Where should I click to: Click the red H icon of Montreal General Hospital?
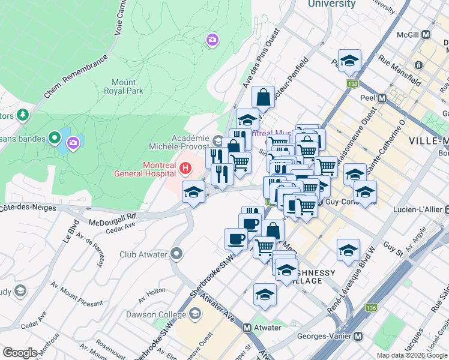[185, 169]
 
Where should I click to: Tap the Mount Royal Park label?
[127, 86]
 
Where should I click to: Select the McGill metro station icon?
[426, 35]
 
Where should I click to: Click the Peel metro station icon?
[382, 97]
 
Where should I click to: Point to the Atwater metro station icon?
[247, 328]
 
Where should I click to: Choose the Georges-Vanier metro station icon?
[358, 337]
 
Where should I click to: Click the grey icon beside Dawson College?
[195, 314]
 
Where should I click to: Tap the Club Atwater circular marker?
[176, 254]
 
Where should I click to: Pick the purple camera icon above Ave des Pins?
[212, 40]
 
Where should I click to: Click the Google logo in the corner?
[19, 352]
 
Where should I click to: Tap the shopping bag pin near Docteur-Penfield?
[264, 96]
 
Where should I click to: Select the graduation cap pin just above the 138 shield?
[349, 60]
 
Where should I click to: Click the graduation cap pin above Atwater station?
[265, 294]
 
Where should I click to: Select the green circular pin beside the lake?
[55, 139]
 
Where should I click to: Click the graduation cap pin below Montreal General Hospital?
[193, 193]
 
